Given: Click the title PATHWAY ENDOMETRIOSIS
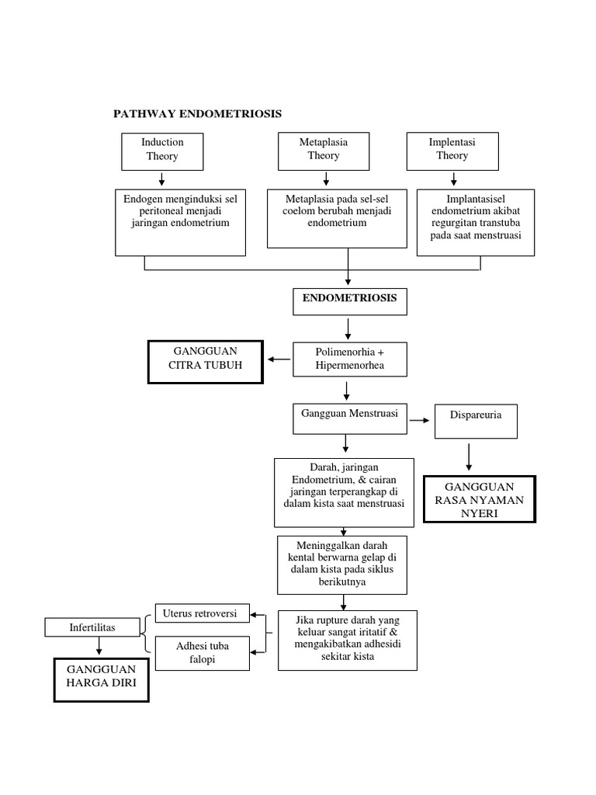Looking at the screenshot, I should point(197,114).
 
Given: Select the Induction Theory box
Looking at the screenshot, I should point(162,151).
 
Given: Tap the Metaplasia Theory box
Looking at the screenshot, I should point(324,151).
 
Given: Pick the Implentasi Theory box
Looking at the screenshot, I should point(452,151).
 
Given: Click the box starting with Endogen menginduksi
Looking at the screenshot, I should point(181,222).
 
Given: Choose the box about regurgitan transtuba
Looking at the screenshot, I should point(476,222).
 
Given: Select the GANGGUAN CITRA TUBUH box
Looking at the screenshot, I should point(206,361).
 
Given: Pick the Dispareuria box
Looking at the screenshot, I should point(476,420).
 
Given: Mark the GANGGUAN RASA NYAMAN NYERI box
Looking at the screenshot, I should point(479,499).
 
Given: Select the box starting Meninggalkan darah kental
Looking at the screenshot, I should point(342,564).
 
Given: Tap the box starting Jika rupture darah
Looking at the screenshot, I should point(347,640).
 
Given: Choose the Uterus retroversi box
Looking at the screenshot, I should point(203,613).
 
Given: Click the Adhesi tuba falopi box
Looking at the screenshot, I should point(203,653).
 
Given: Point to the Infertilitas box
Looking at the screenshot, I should point(94,627).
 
